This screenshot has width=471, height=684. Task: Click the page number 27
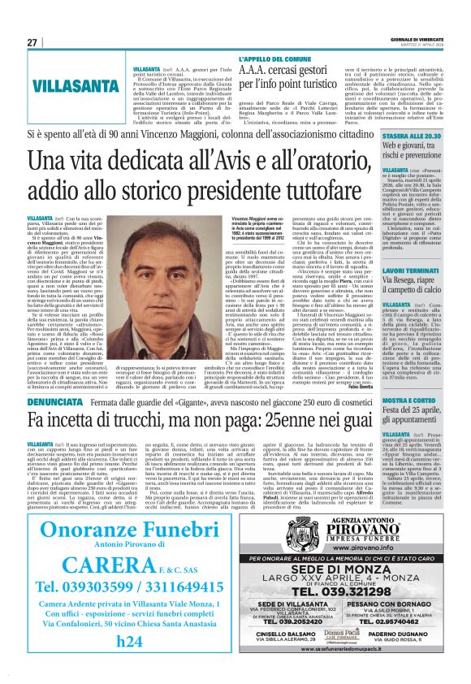(x=32, y=42)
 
